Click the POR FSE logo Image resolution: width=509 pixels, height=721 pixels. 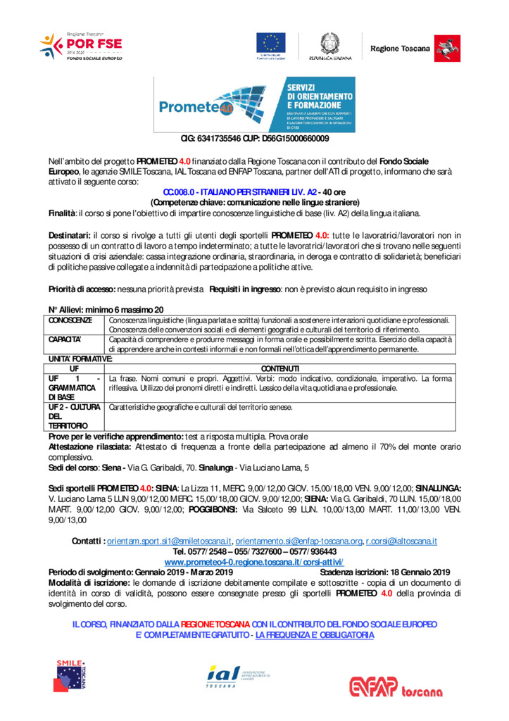click(x=80, y=46)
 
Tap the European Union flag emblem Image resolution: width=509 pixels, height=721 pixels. click(x=272, y=43)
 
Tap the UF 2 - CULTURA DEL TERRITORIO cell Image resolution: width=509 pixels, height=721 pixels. click(x=76, y=416)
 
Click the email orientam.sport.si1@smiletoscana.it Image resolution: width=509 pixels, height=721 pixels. click(x=170, y=541)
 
